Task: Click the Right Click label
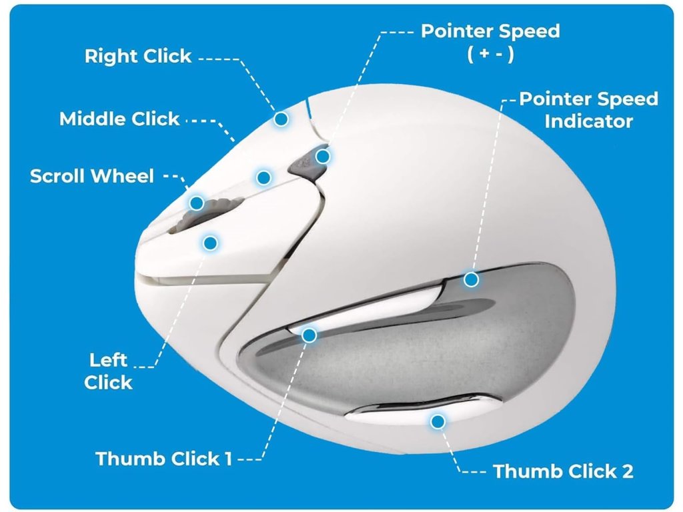click(x=138, y=56)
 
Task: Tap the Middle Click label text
click(x=119, y=119)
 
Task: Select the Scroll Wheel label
click(x=92, y=176)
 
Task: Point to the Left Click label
click(x=108, y=371)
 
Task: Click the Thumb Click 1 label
click(x=163, y=459)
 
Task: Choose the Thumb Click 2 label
click(x=563, y=471)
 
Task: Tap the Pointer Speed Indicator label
click(x=588, y=110)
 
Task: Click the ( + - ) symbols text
click(x=490, y=55)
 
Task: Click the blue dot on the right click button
click(x=281, y=119)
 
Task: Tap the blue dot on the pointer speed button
click(x=323, y=157)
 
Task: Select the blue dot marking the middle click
click(x=263, y=177)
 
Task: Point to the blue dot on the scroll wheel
click(x=196, y=203)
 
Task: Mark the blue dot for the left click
click(x=210, y=243)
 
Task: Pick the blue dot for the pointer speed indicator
click(x=471, y=279)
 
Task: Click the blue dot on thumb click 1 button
click(x=309, y=335)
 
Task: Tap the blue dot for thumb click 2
click(x=438, y=421)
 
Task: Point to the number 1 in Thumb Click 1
click(x=227, y=459)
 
